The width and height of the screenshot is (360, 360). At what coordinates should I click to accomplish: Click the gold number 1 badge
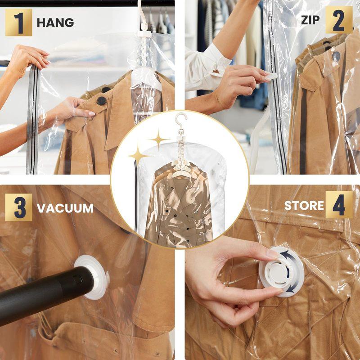coord(18,22)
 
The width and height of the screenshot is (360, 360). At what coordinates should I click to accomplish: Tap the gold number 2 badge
coord(339,20)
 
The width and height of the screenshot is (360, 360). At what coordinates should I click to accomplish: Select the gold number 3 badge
coord(18,207)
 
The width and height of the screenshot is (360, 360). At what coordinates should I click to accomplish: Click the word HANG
coord(55,22)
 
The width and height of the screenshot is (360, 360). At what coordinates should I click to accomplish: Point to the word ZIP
coord(310,20)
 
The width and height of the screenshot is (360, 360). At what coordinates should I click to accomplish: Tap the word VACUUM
coord(65,208)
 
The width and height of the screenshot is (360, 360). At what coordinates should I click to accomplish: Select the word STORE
coord(304,206)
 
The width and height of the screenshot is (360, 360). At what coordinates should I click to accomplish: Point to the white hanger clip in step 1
coord(144,33)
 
